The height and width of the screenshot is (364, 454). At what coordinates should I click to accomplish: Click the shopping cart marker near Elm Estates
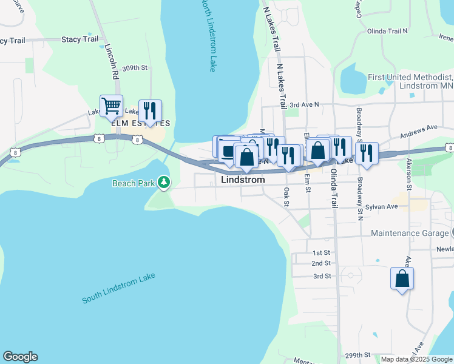[x=111, y=107]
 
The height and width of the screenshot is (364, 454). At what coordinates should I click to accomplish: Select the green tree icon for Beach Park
[x=163, y=182]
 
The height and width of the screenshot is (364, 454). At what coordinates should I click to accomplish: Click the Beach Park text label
[x=133, y=183]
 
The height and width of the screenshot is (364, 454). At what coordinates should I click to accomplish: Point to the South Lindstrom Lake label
[x=119, y=288]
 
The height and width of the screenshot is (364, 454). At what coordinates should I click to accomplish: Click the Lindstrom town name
[x=243, y=180]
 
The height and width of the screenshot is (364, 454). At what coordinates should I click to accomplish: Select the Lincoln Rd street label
[x=110, y=62]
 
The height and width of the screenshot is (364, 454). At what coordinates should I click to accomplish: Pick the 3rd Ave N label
[x=304, y=105]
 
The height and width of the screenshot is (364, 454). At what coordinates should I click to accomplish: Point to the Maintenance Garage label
[x=409, y=233]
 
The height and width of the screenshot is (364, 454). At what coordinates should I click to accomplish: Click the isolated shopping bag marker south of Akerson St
[x=402, y=279]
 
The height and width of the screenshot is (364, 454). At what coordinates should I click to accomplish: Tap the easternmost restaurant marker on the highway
[x=367, y=153]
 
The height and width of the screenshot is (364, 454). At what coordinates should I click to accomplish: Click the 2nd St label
[x=321, y=263]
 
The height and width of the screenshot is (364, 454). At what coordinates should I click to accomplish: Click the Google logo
[x=20, y=357]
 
